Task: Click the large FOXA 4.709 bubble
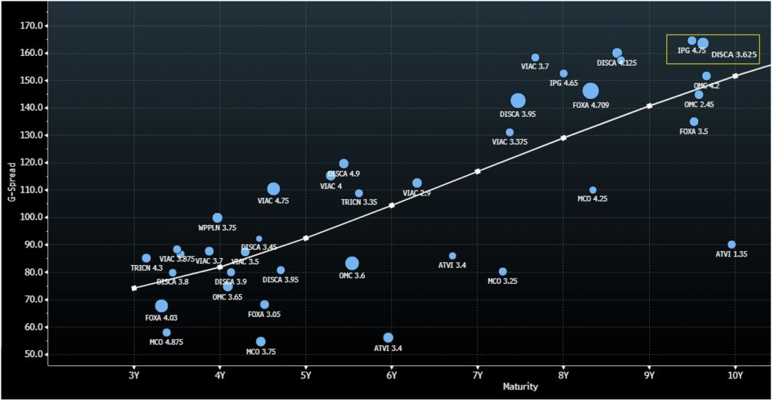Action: click(x=590, y=91)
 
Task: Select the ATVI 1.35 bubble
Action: click(x=731, y=245)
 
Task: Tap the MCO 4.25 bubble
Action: click(x=593, y=190)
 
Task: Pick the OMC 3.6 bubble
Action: click(x=352, y=263)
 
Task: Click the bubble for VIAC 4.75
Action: click(x=274, y=189)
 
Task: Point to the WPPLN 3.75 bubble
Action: click(x=217, y=218)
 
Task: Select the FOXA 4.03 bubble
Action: click(x=161, y=306)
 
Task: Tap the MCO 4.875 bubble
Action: click(x=167, y=333)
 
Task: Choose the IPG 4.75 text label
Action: click(x=691, y=51)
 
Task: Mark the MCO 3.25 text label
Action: click(x=502, y=282)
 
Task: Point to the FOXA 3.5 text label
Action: click(x=694, y=132)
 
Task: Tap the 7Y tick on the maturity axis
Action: click(x=477, y=375)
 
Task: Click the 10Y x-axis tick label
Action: click(x=735, y=375)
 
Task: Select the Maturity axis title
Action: click(x=520, y=387)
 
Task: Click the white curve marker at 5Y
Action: click(x=305, y=238)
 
